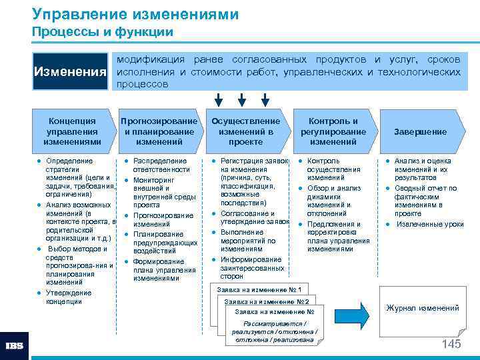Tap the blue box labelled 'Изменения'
[71, 71]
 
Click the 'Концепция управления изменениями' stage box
[72, 131]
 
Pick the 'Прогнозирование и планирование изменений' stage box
[159, 131]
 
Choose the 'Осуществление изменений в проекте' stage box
[246, 131]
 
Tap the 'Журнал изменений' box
[423, 308]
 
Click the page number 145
[451, 344]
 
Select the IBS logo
[15, 345]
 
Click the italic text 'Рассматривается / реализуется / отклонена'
[274, 327]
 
